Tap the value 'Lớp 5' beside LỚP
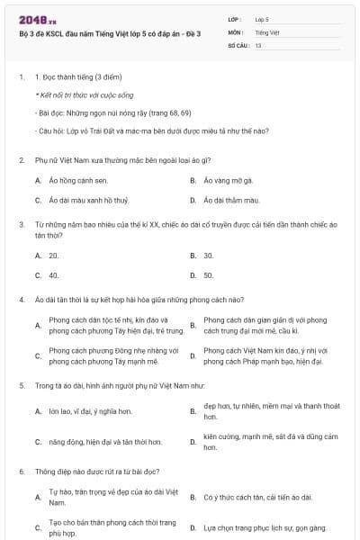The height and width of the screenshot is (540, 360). point(263,18)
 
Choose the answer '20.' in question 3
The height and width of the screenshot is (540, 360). point(54,256)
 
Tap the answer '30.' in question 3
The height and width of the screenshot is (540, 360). point(209,256)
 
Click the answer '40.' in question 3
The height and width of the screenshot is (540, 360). point(54,275)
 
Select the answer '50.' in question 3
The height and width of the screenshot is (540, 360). point(209,275)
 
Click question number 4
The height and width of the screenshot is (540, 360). point(21,297)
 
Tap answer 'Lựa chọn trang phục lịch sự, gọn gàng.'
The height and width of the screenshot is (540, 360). point(262,527)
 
